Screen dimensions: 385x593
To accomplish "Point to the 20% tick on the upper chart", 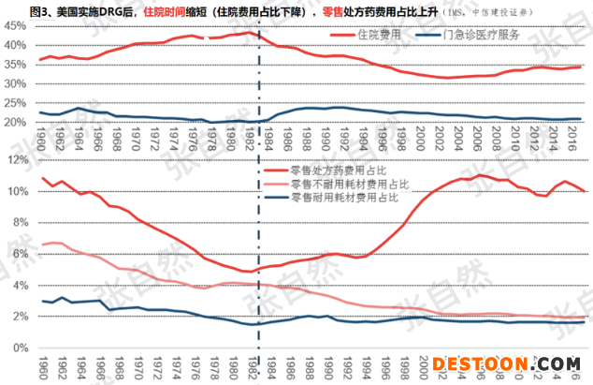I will pos(15,123).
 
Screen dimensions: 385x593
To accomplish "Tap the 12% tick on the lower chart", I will pos(16,159).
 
